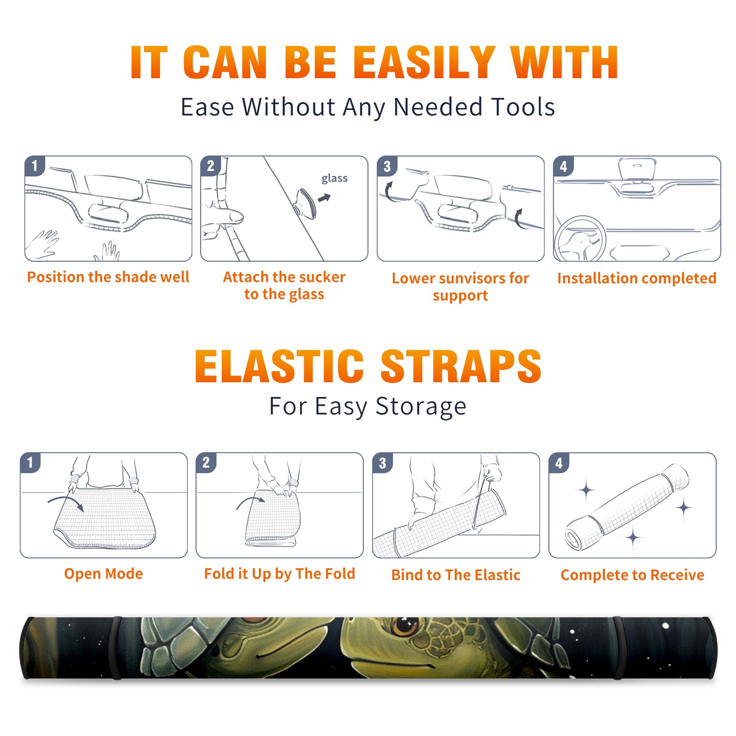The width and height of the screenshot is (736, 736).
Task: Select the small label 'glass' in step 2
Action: click(x=334, y=178)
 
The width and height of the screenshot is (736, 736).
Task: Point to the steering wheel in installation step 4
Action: click(x=581, y=239)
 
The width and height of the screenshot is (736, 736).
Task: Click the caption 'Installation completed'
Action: click(x=637, y=278)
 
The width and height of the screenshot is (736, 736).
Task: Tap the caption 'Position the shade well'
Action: click(x=108, y=277)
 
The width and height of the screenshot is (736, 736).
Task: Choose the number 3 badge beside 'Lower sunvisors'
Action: click(x=387, y=166)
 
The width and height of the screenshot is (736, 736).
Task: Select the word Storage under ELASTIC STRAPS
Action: click(x=421, y=407)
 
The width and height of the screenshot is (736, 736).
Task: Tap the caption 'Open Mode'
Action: click(x=103, y=574)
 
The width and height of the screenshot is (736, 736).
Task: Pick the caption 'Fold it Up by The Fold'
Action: click(x=280, y=574)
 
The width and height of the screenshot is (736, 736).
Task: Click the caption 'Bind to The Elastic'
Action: click(x=456, y=575)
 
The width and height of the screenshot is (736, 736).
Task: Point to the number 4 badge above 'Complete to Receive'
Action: click(x=559, y=463)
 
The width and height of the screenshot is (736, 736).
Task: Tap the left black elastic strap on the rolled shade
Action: click(x=117, y=648)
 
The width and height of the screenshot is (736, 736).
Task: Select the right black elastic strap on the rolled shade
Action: click(x=618, y=648)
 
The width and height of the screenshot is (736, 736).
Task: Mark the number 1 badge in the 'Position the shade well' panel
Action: click(x=34, y=166)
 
